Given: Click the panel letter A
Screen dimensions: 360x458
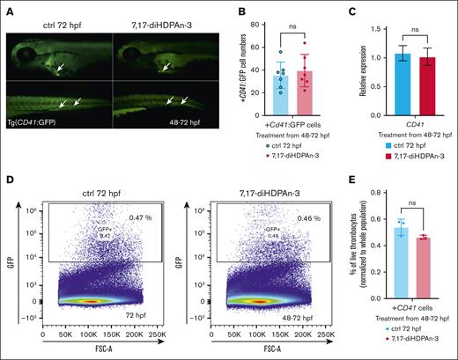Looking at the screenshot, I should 7,7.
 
